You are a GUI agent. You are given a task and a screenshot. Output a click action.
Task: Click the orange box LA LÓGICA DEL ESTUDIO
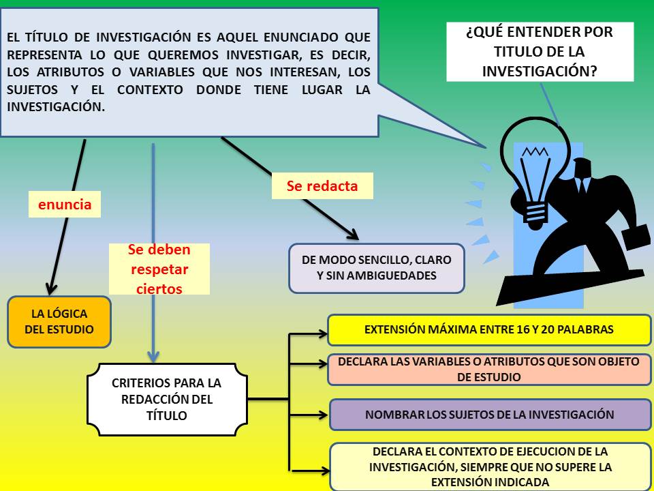click(x=60, y=322)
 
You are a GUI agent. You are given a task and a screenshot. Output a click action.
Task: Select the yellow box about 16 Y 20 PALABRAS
click(x=489, y=329)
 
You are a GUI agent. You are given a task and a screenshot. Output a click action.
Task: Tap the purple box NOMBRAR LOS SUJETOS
click(x=489, y=414)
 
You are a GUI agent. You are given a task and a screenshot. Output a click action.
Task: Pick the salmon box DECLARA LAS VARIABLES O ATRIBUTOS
click(x=489, y=368)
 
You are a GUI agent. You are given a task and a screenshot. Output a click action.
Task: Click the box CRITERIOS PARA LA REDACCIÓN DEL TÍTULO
click(x=166, y=399)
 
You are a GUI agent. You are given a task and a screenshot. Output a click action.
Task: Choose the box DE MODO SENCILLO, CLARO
click(x=376, y=268)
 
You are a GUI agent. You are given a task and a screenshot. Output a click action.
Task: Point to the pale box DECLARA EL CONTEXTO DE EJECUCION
click(x=489, y=467)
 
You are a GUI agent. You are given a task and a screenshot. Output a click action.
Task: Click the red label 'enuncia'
click(x=65, y=204)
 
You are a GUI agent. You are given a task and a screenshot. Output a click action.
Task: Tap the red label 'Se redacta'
click(x=322, y=185)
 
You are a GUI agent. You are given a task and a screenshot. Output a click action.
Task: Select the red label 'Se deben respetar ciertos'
click(x=159, y=269)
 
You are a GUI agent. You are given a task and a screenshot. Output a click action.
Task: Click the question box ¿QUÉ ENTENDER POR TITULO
click(x=540, y=51)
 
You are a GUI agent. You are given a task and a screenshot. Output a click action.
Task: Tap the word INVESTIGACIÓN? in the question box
click(x=540, y=70)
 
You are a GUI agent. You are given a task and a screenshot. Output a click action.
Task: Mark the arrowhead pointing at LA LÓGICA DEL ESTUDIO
click(x=50, y=288)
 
